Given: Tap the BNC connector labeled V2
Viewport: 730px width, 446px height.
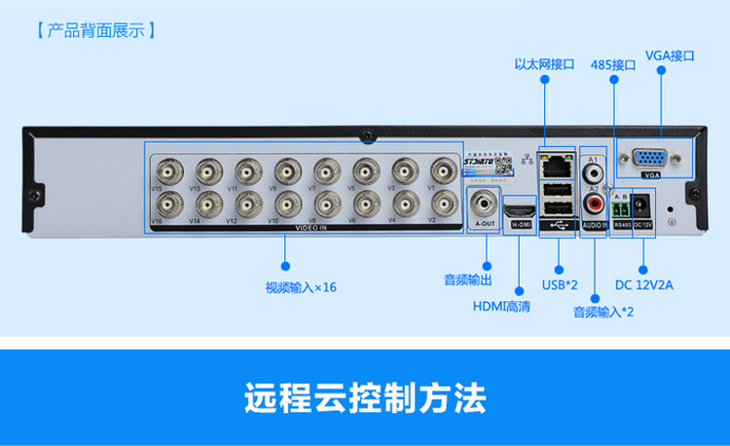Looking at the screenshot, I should point(444,204).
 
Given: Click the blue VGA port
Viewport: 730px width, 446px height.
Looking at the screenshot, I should point(651,160).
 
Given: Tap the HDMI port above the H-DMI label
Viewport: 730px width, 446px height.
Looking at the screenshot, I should point(521,209).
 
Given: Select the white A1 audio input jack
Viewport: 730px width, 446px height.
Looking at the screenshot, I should point(594,170).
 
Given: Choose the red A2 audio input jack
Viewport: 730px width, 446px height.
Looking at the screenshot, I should point(594,204).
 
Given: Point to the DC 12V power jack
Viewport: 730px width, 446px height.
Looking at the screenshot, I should point(643,206).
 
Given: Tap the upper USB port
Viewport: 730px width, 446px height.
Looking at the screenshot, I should point(557,187).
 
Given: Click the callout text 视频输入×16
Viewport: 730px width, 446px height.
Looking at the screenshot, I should point(301,287).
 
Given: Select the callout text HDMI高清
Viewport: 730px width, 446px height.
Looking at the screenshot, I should point(501,306).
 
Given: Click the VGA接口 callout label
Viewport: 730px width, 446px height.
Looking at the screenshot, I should point(671,56).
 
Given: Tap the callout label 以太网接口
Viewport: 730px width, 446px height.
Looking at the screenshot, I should point(544,64).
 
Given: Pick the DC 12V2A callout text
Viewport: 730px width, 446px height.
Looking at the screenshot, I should point(644,285).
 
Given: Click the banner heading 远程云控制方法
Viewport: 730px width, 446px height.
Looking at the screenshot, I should point(364,399).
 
